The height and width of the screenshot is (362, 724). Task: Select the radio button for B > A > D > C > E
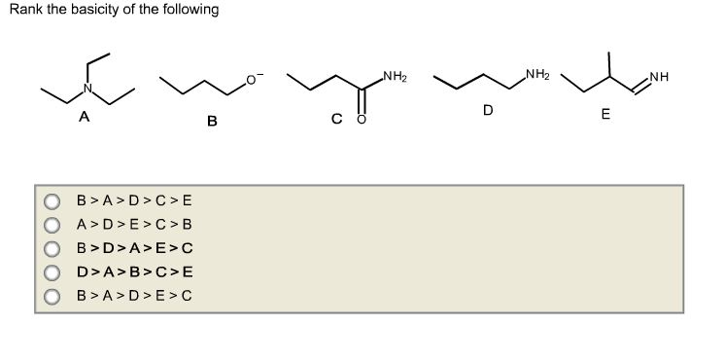(x=52, y=202)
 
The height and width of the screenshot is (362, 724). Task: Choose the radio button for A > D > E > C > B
(x=52, y=226)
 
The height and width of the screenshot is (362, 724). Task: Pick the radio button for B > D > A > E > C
(x=52, y=248)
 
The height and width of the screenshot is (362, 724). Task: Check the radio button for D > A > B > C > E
(x=52, y=271)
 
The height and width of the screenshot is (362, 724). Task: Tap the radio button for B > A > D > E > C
(x=52, y=295)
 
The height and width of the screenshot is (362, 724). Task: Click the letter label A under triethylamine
(x=85, y=118)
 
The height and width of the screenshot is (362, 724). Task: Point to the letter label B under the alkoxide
(x=211, y=123)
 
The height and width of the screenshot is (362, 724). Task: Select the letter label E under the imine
(x=605, y=116)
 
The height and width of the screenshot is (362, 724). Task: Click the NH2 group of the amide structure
(x=395, y=76)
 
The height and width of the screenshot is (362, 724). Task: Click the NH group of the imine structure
(x=660, y=77)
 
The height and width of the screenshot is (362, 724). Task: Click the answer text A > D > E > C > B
(x=134, y=226)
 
